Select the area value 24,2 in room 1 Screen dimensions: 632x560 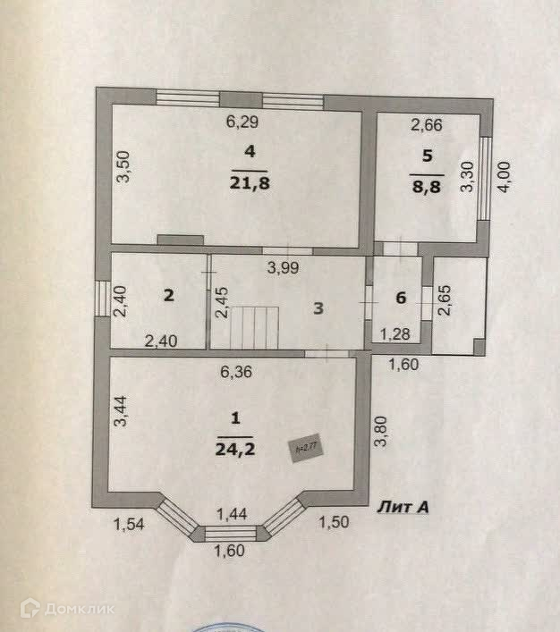click(234, 449)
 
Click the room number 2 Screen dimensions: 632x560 click(166, 297)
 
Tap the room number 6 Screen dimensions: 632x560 click(401, 299)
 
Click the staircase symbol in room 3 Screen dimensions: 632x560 click(254, 327)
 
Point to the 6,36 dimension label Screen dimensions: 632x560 click(238, 375)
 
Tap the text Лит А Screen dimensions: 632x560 click(404, 507)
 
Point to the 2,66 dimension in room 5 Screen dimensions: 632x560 click(426, 125)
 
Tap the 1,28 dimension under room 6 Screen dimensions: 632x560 click(396, 334)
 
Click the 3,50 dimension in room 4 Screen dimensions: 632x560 click(125, 167)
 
